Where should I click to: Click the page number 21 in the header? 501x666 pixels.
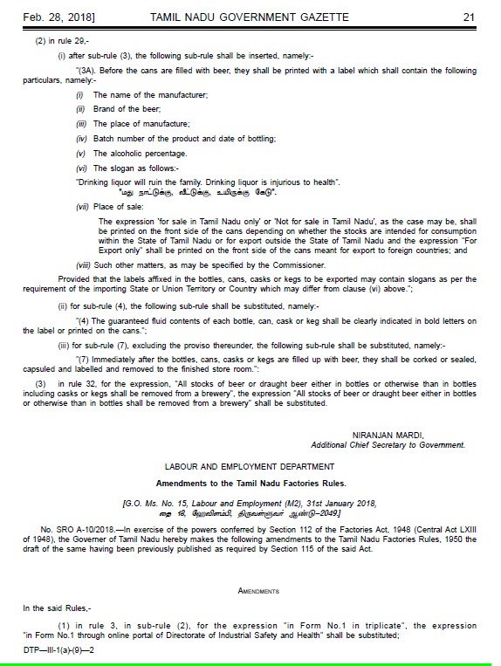tap(468, 17)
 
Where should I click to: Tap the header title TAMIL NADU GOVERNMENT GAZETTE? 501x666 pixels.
tap(250, 17)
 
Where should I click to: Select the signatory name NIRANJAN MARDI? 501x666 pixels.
tap(388, 435)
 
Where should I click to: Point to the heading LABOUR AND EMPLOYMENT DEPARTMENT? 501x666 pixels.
tap(250, 468)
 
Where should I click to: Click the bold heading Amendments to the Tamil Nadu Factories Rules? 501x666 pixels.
tap(250, 483)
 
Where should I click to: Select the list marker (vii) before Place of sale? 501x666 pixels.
tap(82, 209)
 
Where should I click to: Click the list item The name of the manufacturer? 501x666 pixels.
tap(141, 94)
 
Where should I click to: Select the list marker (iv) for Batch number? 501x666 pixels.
tap(82, 139)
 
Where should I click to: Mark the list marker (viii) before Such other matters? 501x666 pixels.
tap(84, 263)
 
